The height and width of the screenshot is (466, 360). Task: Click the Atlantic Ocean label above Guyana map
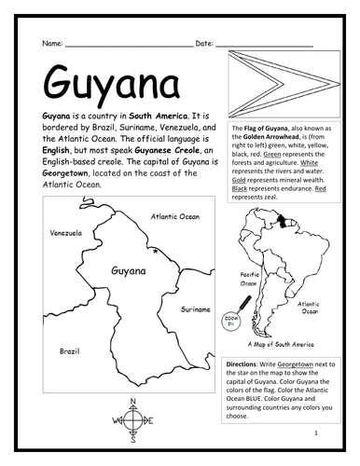[x=176, y=216]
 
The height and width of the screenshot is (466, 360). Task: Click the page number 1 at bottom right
[x=318, y=432]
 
